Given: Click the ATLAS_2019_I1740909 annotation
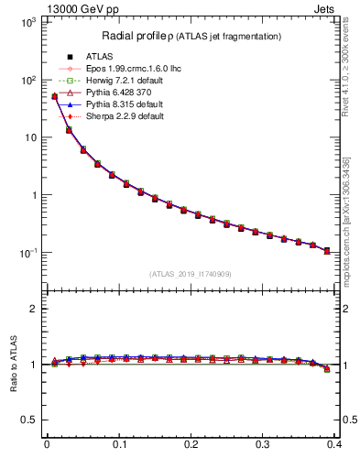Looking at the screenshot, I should pyautogui.click(x=191, y=274).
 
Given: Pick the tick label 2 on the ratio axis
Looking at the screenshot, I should pyautogui.click(x=33, y=309).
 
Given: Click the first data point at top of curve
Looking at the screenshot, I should pyautogui.click(x=54, y=96).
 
